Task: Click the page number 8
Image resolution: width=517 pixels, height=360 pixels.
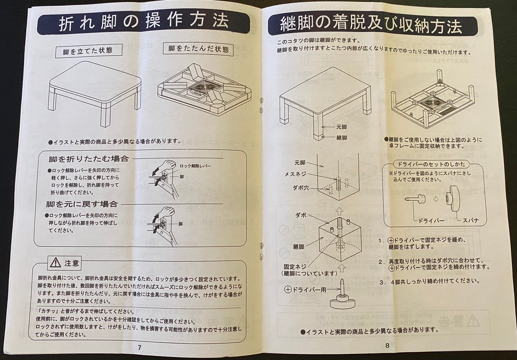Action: [x=387, y=345]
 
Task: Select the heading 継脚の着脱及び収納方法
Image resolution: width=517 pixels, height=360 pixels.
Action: [x=371, y=26]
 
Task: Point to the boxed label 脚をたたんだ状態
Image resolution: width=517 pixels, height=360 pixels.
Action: [x=199, y=49]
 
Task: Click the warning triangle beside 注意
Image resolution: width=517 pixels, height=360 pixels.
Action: [x=56, y=262]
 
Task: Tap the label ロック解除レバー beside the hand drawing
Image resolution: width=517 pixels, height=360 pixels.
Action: [x=195, y=166]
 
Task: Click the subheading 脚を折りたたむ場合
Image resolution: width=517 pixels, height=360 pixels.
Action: [x=88, y=159]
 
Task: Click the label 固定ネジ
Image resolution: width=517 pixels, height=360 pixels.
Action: [x=295, y=267]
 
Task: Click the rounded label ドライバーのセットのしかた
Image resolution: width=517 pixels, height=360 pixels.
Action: [x=432, y=164]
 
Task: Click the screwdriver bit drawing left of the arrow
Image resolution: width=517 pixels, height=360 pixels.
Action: [x=414, y=199]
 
